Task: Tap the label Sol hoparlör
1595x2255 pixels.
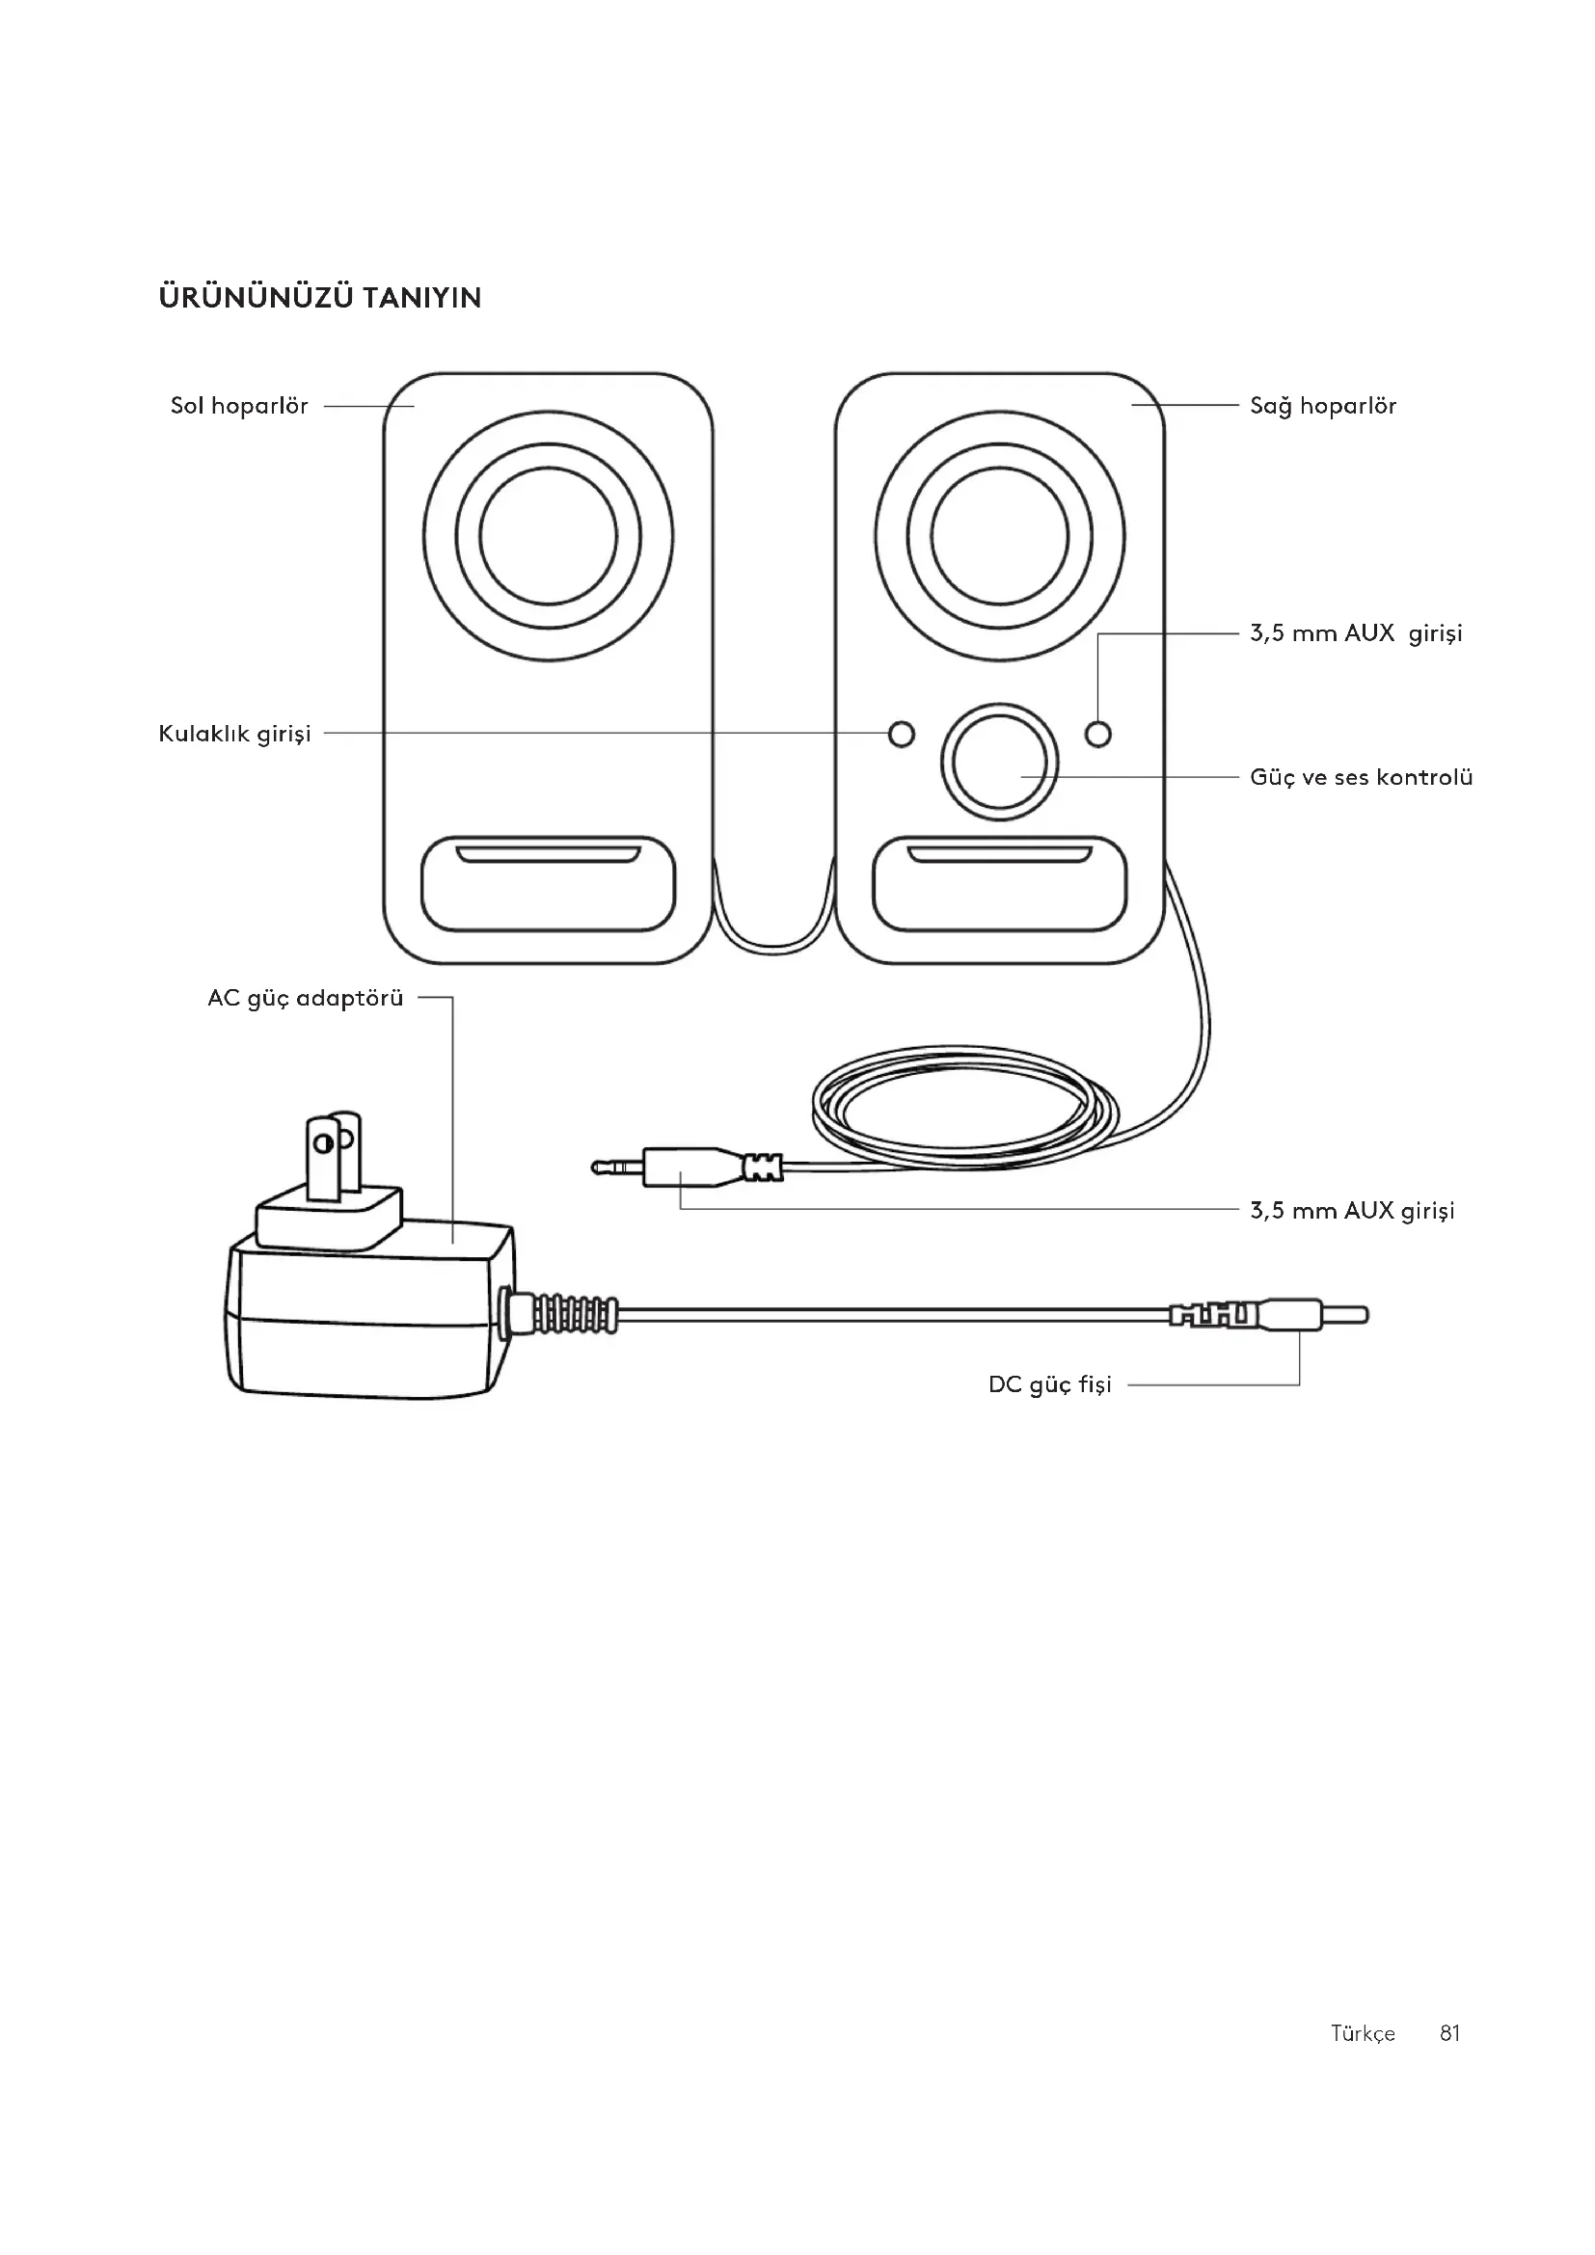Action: (x=240, y=406)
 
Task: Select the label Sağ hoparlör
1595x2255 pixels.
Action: (x=1323, y=406)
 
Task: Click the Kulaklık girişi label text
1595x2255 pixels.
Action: (x=234, y=734)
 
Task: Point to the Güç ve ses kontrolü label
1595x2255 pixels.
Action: (x=1362, y=777)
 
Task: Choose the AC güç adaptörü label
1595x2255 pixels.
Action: (x=306, y=998)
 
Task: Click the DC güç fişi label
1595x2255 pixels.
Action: (x=1050, y=1383)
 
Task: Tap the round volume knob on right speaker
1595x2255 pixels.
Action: (x=1000, y=762)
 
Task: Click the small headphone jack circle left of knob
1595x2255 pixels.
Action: (x=901, y=734)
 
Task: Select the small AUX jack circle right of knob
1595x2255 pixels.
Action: (x=1099, y=734)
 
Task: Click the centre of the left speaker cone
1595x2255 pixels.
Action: (x=548, y=536)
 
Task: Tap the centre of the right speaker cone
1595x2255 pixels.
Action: (x=1000, y=536)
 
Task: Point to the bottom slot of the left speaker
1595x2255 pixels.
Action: (x=548, y=884)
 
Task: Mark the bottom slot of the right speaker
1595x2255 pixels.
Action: (x=1000, y=884)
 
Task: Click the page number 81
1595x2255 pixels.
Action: (x=1449, y=2033)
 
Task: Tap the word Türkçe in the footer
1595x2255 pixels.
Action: (x=1363, y=2034)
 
